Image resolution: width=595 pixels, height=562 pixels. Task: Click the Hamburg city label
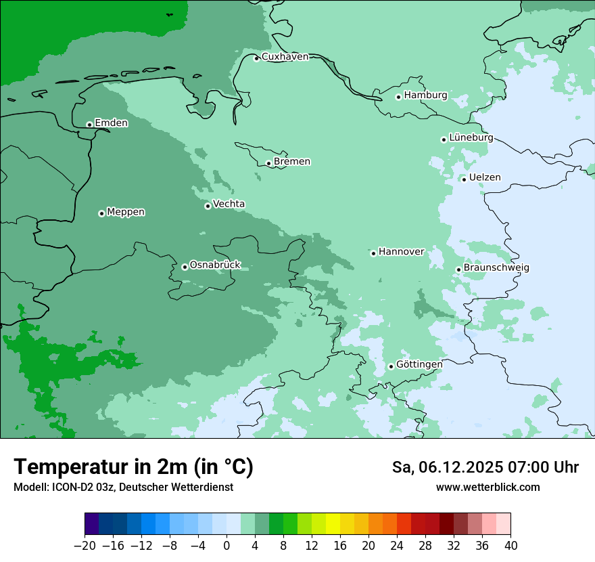(425, 95)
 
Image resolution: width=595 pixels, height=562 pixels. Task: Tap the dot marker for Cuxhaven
(256, 58)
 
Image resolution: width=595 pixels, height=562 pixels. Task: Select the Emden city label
(111, 123)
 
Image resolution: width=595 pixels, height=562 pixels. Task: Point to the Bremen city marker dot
(268, 163)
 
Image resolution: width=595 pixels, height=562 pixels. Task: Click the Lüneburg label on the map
(471, 137)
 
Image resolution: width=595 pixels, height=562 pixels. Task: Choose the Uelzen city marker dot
(464, 179)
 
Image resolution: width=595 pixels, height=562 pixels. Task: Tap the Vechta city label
(229, 204)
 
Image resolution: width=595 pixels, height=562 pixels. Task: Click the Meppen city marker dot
(101, 213)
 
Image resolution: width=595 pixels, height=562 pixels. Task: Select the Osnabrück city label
(215, 265)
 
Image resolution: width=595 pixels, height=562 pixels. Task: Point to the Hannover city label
(401, 252)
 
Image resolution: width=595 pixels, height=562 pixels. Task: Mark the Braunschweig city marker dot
(458, 269)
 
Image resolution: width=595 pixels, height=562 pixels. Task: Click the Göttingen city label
(419, 364)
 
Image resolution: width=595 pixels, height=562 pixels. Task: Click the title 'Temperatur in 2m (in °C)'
(133, 467)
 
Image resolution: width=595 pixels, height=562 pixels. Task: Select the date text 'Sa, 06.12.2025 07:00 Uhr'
(485, 467)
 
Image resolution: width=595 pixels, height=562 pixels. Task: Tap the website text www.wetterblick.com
(487, 488)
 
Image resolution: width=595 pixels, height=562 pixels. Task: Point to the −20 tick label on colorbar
(85, 546)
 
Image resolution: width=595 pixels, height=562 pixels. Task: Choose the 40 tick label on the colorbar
(510, 546)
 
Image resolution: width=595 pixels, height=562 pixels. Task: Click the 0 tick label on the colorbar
(227, 546)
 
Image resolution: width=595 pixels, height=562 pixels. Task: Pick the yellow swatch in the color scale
(333, 524)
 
